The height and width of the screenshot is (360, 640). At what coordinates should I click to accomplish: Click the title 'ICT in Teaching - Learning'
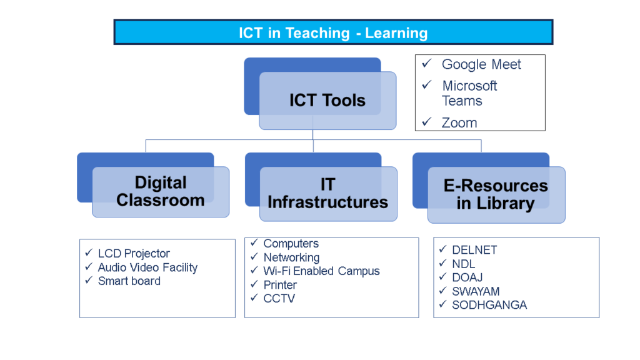[333, 32]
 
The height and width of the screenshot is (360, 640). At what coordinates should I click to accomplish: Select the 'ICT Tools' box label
[327, 100]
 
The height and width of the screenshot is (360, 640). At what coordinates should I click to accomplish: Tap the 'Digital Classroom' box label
[161, 191]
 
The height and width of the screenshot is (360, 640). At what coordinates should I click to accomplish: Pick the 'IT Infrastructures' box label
[327, 193]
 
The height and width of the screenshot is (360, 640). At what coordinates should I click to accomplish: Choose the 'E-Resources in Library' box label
[496, 195]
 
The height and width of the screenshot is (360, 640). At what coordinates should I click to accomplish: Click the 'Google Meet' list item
[481, 64]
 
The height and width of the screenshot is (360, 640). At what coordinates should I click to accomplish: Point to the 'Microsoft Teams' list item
[469, 93]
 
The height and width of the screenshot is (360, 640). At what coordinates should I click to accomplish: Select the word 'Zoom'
[459, 122]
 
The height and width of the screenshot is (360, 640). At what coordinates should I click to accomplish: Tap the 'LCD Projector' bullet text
[134, 254]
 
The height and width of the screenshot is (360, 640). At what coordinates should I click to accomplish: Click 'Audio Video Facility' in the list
[147, 267]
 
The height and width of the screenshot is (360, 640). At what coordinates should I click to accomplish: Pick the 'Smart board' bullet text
[129, 281]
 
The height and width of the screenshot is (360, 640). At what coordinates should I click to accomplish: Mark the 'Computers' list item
[291, 243]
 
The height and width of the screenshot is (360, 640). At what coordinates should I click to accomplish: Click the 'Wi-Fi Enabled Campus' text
[322, 271]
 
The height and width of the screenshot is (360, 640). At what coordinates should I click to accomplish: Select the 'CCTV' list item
[279, 298]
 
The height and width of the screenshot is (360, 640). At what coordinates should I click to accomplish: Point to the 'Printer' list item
[280, 285]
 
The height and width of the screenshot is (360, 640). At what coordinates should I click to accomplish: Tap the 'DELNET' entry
[475, 250]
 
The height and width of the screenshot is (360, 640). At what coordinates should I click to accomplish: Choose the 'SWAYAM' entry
[476, 291]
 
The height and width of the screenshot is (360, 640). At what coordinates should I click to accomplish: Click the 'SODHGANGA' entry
[489, 305]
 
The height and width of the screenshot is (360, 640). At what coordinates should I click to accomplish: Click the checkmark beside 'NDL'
[443, 263]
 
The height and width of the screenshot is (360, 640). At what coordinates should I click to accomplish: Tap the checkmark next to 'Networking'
[254, 257]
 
